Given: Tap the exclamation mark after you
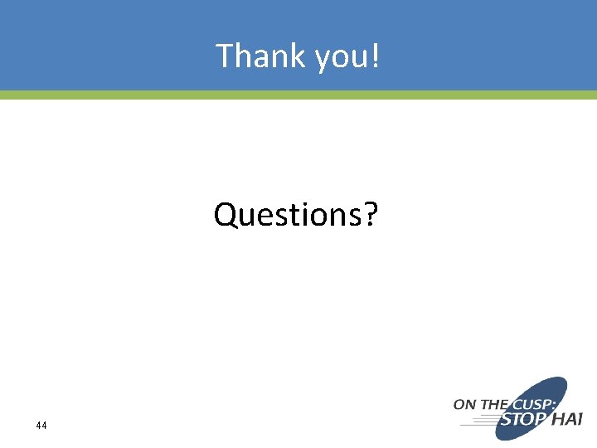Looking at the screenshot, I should point(376,56).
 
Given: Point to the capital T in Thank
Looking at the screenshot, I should point(225,56).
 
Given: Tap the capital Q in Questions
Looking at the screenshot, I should point(226,215).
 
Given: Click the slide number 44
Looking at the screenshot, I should point(41,426).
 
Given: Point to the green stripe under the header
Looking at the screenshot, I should point(298,95).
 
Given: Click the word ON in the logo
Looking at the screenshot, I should point(464,404).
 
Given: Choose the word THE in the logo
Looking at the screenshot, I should point(493,404).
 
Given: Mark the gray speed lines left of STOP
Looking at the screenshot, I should point(477,421).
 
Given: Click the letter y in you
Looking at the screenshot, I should point(324,60).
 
